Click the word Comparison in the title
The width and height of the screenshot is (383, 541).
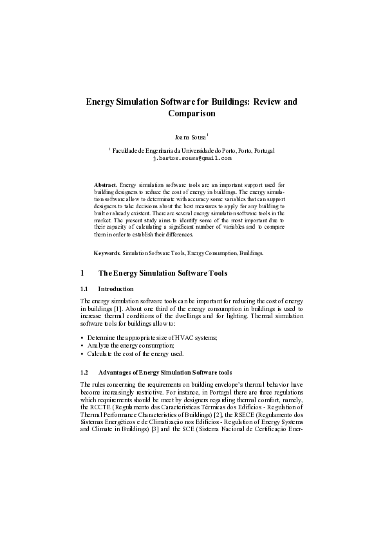tap(191, 114)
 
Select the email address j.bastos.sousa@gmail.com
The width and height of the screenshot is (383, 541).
tap(191, 157)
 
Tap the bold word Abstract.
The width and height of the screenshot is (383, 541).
tap(106, 184)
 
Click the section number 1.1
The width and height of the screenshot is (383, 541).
tap(84, 289)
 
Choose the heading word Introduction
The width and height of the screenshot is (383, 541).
tap(116, 289)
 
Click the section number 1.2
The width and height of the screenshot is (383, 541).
tap(84, 373)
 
